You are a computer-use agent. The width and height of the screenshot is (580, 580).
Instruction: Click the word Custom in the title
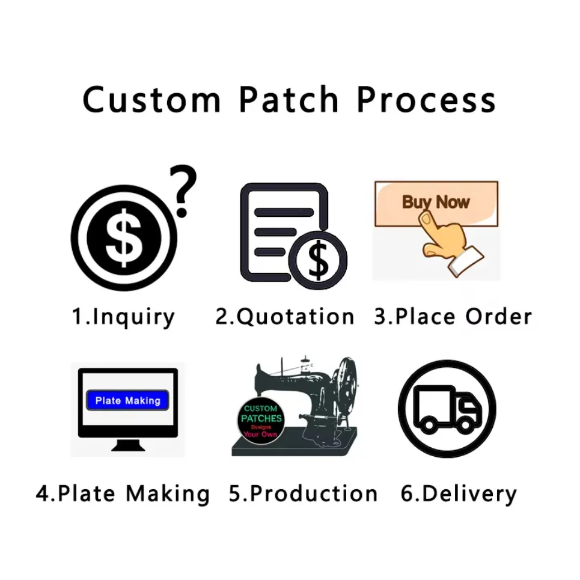coord(151,99)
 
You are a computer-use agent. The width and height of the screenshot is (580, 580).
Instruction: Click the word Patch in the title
coord(288,99)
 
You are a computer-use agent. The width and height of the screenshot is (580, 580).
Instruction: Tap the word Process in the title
coord(426,99)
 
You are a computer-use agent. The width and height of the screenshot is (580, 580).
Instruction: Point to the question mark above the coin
coord(183,191)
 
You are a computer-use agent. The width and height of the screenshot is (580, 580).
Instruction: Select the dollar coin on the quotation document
coord(318,260)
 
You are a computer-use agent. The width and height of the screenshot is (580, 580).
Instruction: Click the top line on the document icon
coord(284,212)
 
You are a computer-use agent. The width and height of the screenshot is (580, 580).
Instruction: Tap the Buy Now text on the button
coord(436,202)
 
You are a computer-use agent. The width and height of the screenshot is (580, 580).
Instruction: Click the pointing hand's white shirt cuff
coord(466,261)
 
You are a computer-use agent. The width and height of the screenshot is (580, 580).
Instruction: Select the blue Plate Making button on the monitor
coord(127,400)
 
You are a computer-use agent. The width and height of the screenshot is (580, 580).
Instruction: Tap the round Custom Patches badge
coord(261,421)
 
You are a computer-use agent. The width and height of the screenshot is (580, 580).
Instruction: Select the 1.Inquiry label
coord(123,317)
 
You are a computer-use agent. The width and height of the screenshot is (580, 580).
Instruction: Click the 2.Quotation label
coord(284,317)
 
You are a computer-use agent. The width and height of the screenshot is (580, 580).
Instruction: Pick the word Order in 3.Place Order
coord(498,317)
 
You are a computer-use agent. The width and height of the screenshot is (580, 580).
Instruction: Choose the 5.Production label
coord(303,493)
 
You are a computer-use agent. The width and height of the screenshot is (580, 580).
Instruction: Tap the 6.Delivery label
coord(459,494)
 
